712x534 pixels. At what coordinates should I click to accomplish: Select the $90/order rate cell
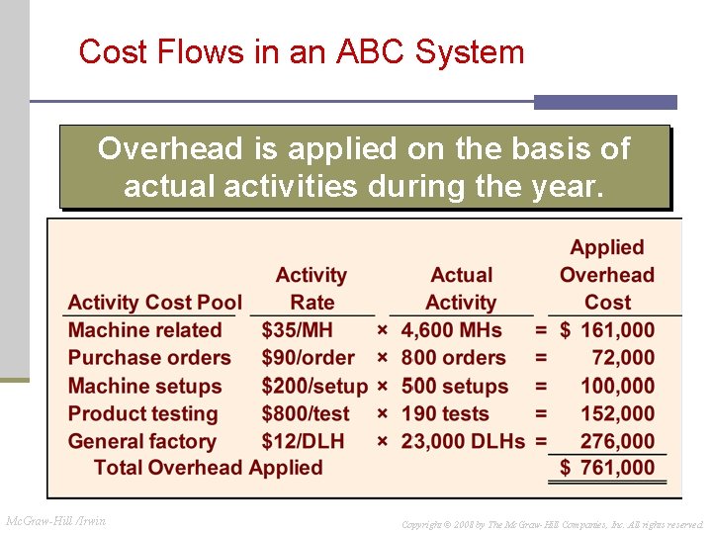tap(308, 358)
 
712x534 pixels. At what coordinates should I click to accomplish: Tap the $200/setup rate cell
tap(313, 386)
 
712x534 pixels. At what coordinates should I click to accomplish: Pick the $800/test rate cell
tap(306, 413)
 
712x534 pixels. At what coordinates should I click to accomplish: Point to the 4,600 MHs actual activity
tap(451, 330)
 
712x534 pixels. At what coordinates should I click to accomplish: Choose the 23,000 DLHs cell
tap(463, 441)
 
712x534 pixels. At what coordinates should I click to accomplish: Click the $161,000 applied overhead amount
tap(607, 330)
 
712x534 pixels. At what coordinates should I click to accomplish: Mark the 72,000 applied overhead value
tap(623, 358)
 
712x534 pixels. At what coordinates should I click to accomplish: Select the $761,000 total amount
tap(607, 468)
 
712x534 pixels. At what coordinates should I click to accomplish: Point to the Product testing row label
tap(142, 413)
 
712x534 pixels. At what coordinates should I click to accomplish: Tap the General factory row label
tap(141, 441)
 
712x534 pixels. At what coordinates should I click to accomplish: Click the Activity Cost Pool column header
tap(154, 303)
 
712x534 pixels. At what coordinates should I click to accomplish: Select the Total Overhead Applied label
tap(208, 468)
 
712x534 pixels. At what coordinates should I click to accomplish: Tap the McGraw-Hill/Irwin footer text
tap(55, 521)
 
